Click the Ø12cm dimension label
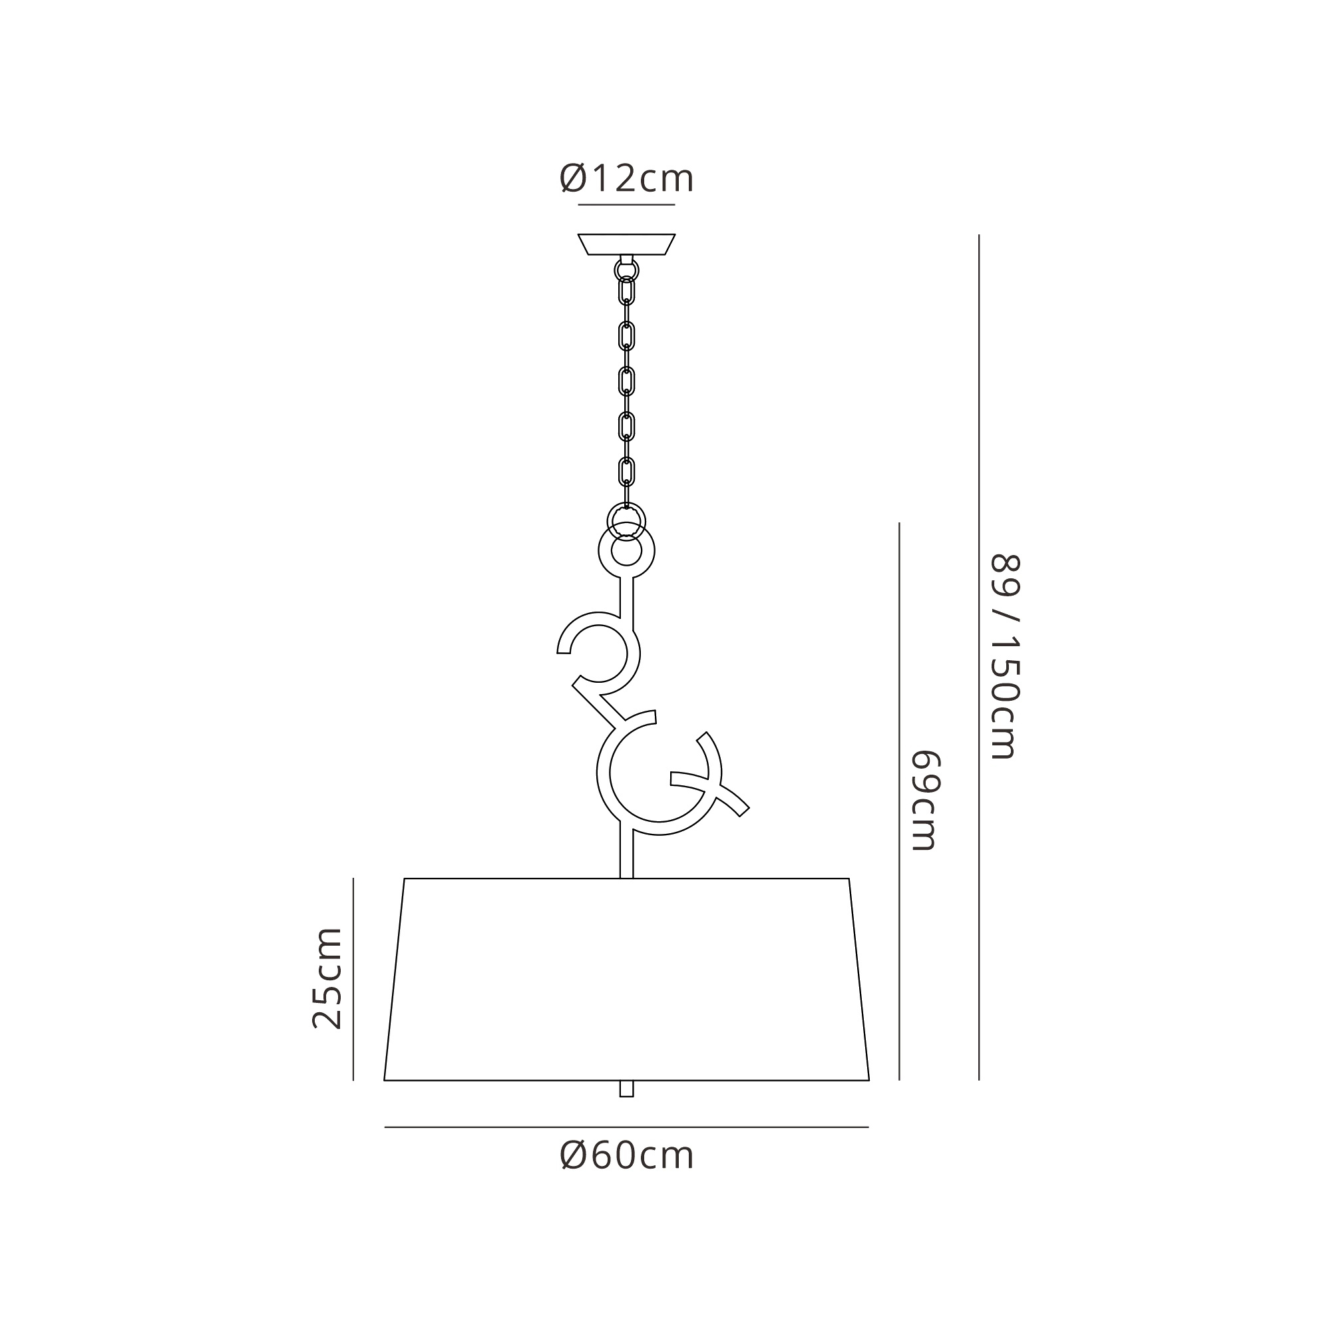626,178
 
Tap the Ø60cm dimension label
626,1155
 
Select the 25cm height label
327,978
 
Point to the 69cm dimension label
925,800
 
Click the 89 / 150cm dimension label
1004,657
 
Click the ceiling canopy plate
626,244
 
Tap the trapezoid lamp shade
626,978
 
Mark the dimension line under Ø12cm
626,204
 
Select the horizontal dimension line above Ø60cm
626,1127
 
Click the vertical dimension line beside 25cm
353,978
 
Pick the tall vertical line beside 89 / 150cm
979,657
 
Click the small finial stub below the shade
626,1088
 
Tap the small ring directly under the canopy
626,270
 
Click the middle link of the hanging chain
626,381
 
